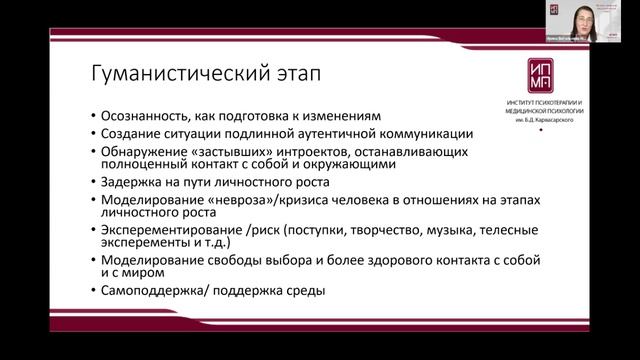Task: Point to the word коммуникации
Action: click(426, 134)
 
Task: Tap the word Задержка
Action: click(130, 184)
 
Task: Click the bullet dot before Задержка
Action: click(92, 184)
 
